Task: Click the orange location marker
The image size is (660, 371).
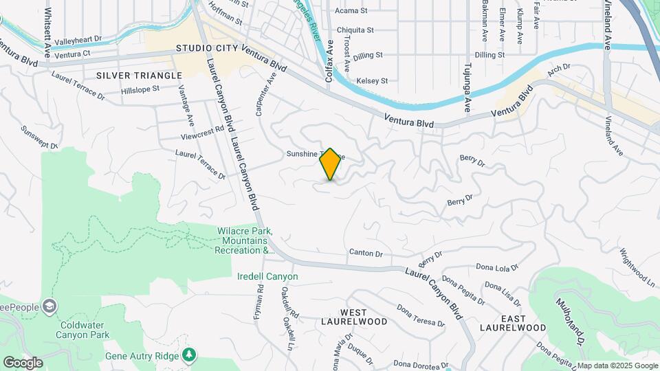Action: point(331,164)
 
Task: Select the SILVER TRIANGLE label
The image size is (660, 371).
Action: point(133,74)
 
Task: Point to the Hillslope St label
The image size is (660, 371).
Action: point(140,89)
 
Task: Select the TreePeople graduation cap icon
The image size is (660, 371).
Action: point(49,305)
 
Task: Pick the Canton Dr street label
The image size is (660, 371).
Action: point(365,254)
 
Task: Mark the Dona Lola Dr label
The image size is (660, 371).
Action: point(496,268)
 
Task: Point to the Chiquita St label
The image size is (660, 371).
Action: point(354,30)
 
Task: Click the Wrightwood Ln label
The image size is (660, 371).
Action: point(637,268)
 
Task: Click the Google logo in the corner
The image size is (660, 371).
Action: point(23,363)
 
